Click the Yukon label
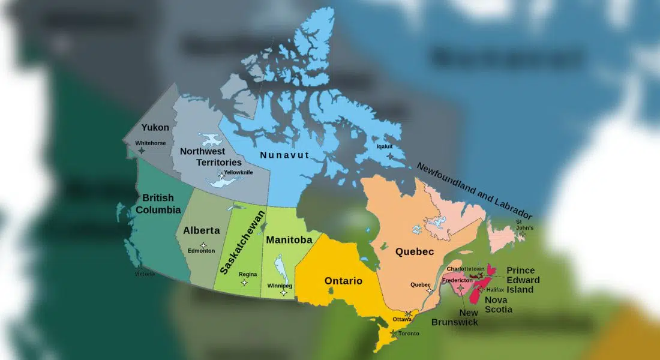coord(155,127)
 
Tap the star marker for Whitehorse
coord(142,151)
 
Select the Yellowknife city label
coord(238,173)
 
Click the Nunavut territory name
coord(284,155)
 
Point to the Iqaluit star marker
coord(391,156)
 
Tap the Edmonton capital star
coord(203,245)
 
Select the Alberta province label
coord(202,230)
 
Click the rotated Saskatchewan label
coord(242,242)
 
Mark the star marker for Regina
coord(244,282)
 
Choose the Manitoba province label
coord(289,240)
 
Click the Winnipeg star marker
coord(283,293)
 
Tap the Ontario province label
coord(343,281)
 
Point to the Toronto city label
coord(409,333)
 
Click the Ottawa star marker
coord(409,314)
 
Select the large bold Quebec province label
coord(415,253)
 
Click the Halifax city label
coord(495,290)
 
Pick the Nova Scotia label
coord(499,305)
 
